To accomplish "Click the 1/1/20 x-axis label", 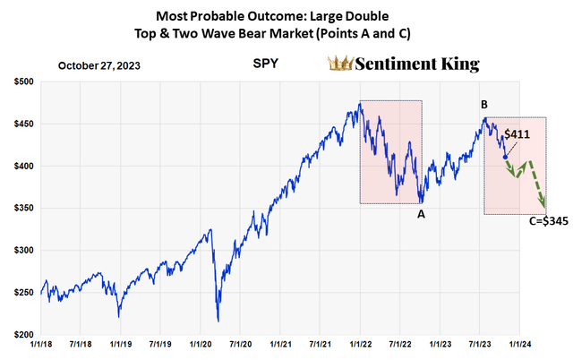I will (x=201, y=345).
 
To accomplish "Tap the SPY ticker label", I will (x=266, y=65).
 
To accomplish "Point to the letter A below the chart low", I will (x=421, y=213).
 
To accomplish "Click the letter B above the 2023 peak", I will (x=484, y=105).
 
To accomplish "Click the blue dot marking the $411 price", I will (x=505, y=157).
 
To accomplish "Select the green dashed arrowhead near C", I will (x=541, y=203).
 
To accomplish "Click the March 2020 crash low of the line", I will (x=218, y=320).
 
